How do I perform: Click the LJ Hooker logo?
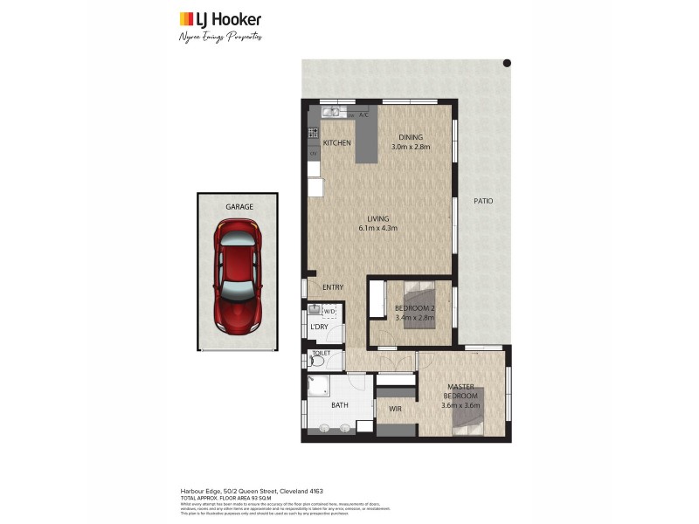pyautogui.click(x=220, y=19)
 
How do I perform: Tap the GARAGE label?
pyautogui.click(x=239, y=207)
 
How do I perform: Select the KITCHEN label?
pyautogui.click(x=337, y=142)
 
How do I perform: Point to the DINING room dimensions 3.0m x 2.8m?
pyautogui.click(x=411, y=148)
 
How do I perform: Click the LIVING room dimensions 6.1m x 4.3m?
pyautogui.click(x=377, y=229)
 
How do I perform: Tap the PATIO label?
pyautogui.click(x=483, y=201)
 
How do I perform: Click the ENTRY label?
pyautogui.click(x=333, y=287)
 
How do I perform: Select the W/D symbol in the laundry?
pyautogui.click(x=330, y=311)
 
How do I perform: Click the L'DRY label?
pyautogui.click(x=319, y=327)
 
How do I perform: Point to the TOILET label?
pyautogui.click(x=321, y=353)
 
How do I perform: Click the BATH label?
pyautogui.click(x=340, y=405)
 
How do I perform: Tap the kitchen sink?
pyautogui.click(x=332, y=113)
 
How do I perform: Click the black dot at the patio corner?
pyautogui.click(x=506, y=63)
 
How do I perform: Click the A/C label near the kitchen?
pyautogui.click(x=363, y=115)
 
